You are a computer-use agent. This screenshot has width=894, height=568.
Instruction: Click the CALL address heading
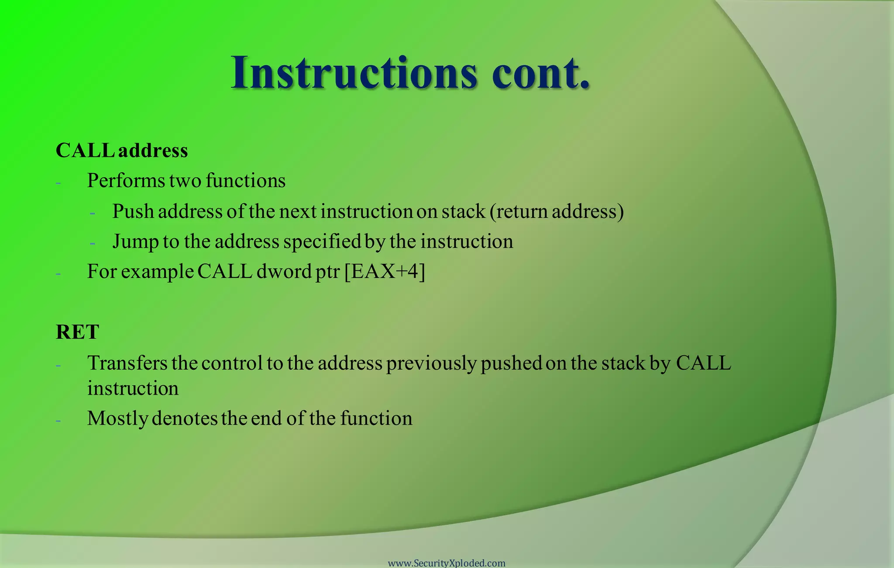pos(122,150)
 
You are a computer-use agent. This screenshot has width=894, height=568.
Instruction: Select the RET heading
pos(78,332)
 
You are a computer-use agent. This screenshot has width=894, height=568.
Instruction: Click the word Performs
pos(126,181)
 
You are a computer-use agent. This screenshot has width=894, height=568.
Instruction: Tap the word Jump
pos(135,242)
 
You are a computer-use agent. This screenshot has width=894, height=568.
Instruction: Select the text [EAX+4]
pos(385,271)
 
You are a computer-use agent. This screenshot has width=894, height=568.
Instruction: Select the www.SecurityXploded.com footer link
pos(447,563)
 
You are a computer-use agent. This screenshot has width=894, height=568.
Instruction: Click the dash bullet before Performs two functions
pos(58,183)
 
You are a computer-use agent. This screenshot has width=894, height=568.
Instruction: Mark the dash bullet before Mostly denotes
pos(58,421)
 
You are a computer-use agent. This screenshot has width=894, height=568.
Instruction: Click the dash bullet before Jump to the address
pos(93,244)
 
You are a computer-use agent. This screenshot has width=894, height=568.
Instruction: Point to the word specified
pos(322,242)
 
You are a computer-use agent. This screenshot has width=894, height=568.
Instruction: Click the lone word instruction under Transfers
pos(133,388)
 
